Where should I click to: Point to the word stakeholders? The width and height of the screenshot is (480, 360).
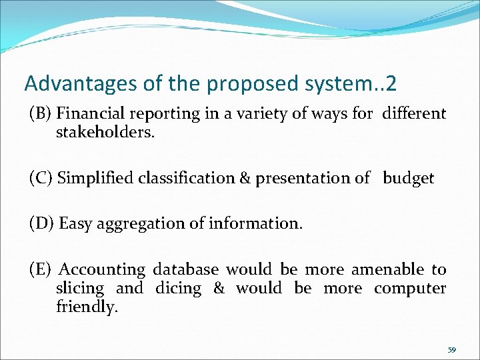[105, 132]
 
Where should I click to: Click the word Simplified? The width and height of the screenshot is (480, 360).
[92, 178]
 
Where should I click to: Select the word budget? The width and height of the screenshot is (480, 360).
[408, 178]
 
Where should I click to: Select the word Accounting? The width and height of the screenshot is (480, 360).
[102, 270]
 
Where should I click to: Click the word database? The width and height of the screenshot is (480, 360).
[186, 269]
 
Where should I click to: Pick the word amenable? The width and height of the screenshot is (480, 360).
[387, 269]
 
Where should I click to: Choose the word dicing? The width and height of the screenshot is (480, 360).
[178, 289]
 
